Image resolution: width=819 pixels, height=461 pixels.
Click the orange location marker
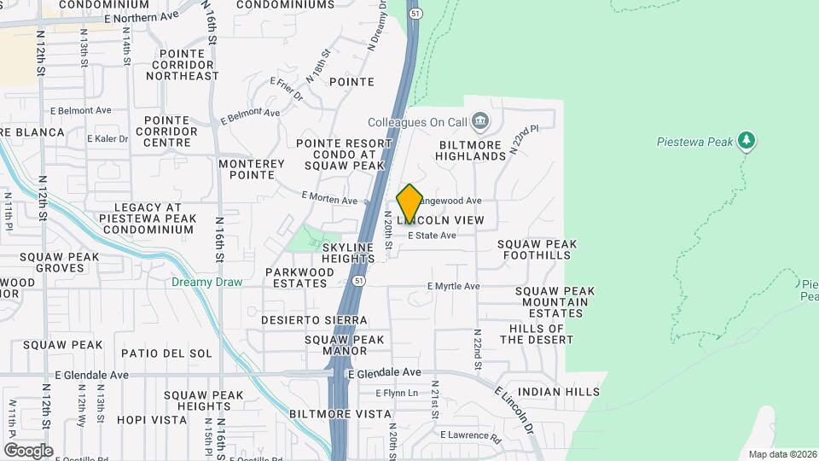409,204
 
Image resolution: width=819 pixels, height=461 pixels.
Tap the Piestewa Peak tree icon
747,139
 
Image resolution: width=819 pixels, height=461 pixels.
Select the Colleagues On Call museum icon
479,122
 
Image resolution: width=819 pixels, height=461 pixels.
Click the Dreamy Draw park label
206,282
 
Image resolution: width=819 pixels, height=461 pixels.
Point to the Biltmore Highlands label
471,150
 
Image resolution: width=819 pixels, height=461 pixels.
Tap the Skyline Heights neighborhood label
348,253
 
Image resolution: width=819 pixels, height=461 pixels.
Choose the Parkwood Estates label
299,277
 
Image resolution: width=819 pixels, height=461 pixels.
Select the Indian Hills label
559,391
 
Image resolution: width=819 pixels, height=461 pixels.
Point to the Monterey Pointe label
252,169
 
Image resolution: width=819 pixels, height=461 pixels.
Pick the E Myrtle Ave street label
454,287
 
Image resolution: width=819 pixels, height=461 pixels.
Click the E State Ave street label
432,235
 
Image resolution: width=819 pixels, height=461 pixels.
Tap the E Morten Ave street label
329,198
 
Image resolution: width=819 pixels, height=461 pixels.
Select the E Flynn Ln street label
398,393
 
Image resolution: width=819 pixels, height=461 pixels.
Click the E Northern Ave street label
141,17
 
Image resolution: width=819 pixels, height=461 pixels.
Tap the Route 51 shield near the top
415,14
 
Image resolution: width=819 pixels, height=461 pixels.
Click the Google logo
28,450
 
